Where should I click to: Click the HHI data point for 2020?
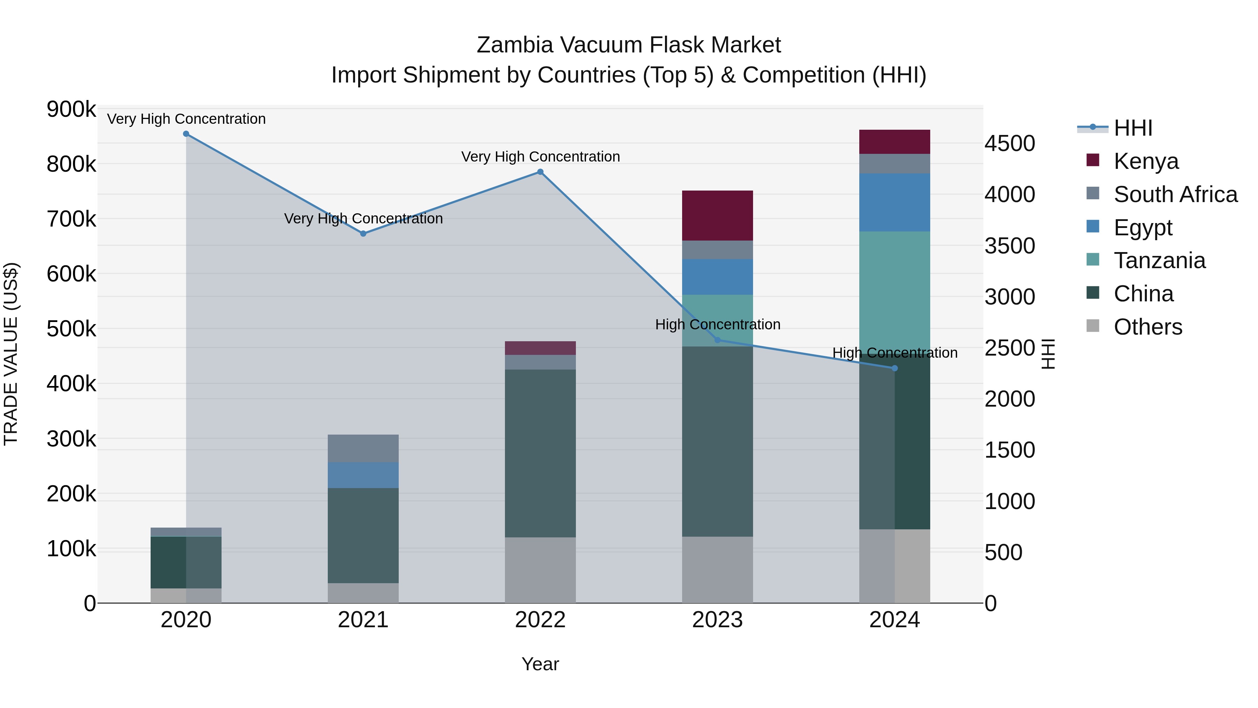point(186,134)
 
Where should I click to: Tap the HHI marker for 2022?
point(540,172)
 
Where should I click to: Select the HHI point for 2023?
point(717,340)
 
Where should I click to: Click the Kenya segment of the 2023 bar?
point(717,215)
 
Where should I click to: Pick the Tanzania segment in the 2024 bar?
point(894,288)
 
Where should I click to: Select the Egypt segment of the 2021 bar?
point(363,475)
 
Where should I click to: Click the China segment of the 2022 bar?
point(540,453)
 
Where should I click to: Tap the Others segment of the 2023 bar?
point(717,570)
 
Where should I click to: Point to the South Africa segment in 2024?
point(894,164)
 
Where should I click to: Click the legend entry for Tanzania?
point(1159,260)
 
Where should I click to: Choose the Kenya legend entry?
point(1146,161)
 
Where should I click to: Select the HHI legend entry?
point(1133,128)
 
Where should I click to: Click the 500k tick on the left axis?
point(71,329)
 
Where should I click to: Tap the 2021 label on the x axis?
point(363,620)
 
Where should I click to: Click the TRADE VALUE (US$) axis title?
point(11,354)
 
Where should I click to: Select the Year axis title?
point(540,664)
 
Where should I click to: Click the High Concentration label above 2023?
point(717,324)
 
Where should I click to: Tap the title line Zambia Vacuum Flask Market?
point(629,45)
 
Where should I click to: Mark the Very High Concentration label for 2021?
point(363,219)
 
